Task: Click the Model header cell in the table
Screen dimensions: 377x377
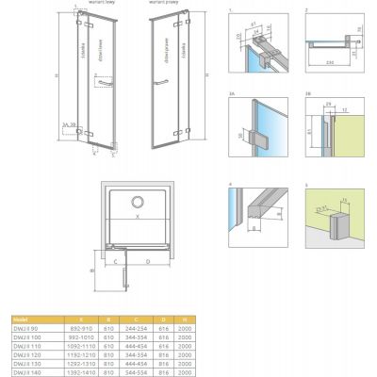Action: pyautogui.click(x=21, y=319)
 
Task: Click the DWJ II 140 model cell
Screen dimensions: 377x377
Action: pyautogui.click(x=23, y=373)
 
